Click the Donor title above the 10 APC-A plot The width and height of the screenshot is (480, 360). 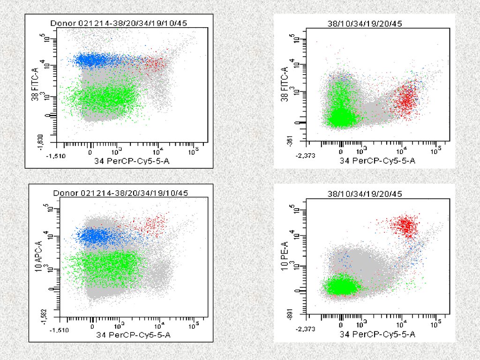tap(120, 193)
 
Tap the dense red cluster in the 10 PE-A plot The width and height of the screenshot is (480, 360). tap(406, 225)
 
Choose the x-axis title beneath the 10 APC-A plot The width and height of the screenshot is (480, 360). tap(133, 335)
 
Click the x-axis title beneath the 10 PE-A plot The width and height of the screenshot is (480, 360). tap(377, 335)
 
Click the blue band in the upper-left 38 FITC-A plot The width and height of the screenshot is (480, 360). tap(98, 60)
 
